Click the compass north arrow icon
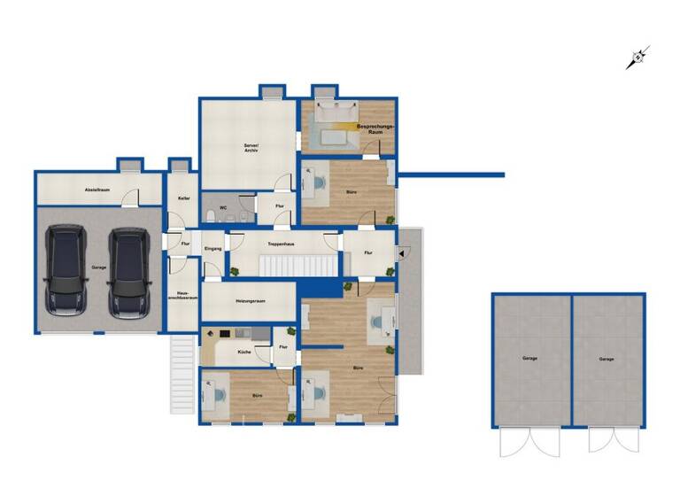(x=637, y=58)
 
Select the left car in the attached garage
(x=66, y=271)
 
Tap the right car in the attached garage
(x=128, y=271)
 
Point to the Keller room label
(x=183, y=198)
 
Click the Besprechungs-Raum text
(x=374, y=129)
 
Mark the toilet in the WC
(x=209, y=216)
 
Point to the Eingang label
(x=212, y=250)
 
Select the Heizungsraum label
(x=251, y=301)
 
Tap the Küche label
(x=244, y=353)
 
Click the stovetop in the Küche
(x=225, y=334)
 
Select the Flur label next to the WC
(x=278, y=206)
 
